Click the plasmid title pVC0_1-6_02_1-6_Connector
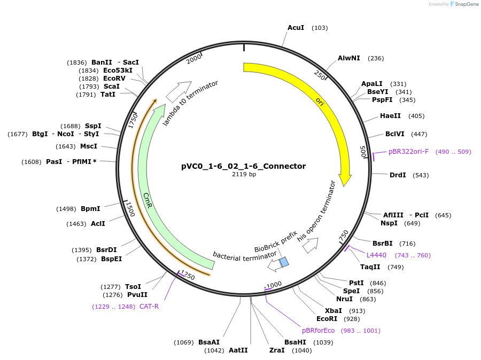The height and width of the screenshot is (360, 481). pos(244,166)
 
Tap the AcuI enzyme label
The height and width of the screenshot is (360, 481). pos(296,28)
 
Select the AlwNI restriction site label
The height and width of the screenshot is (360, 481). pos(349,58)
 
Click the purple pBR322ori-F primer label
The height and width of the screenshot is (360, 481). pos(408,152)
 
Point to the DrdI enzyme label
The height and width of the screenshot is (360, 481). pos(398,175)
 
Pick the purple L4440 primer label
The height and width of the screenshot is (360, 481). pos(376,255)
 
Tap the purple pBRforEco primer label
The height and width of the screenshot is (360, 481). pos(318,331)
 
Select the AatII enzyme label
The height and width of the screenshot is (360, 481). pos(238,350)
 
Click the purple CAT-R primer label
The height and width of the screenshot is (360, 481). pos(149,307)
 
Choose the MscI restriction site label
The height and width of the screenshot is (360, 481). pos(89,146)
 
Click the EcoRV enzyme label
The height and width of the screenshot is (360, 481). pos(115,79)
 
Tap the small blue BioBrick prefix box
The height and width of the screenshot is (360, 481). pos(284,262)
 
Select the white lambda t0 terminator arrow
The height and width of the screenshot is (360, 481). pos(179,92)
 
